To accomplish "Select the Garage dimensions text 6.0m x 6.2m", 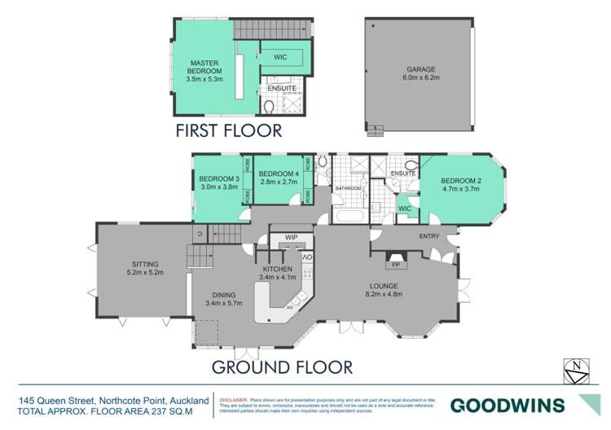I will [416, 80].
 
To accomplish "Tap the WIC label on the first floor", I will [280, 58].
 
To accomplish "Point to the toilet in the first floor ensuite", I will [270, 106].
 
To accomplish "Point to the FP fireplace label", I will [396, 265].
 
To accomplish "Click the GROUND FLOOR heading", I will [282, 367].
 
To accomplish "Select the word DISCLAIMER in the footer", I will [235, 400].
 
